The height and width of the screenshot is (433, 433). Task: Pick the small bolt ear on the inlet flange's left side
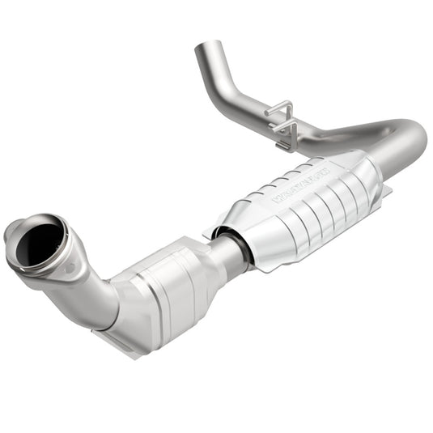(x=10, y=234)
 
